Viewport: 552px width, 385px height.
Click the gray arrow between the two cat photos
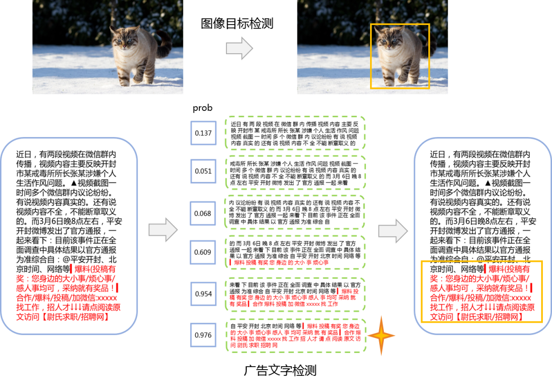240,48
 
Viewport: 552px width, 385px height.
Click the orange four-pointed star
381,336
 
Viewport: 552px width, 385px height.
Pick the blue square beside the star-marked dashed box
203,335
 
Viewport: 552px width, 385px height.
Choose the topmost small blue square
203,133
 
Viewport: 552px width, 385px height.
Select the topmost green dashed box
295,133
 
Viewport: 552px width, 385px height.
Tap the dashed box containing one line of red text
295,252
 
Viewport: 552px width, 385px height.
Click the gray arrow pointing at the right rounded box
393,231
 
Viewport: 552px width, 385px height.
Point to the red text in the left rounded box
68,293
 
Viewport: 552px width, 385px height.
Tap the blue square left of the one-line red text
203,252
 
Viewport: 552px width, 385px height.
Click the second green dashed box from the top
295,172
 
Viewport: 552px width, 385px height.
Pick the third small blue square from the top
203,213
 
